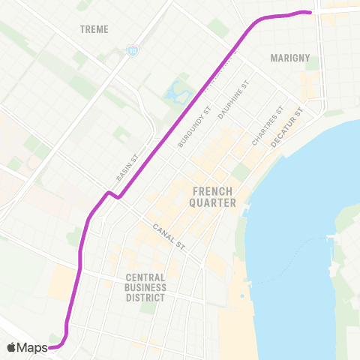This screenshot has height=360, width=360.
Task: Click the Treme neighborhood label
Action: coord(94,29)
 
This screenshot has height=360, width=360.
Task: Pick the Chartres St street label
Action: coord(268,126)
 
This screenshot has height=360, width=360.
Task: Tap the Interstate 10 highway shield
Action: coord(132,51)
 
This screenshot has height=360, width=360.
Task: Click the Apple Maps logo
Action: coord(27,347)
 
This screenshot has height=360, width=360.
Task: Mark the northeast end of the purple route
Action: coord(309,11)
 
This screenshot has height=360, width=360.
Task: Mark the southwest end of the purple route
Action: coord(52,347)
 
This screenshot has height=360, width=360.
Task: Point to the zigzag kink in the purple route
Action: coord(110,194)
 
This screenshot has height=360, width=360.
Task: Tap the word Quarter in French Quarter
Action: coord(214,202)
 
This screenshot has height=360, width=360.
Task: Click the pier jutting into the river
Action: coord(334,238)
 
